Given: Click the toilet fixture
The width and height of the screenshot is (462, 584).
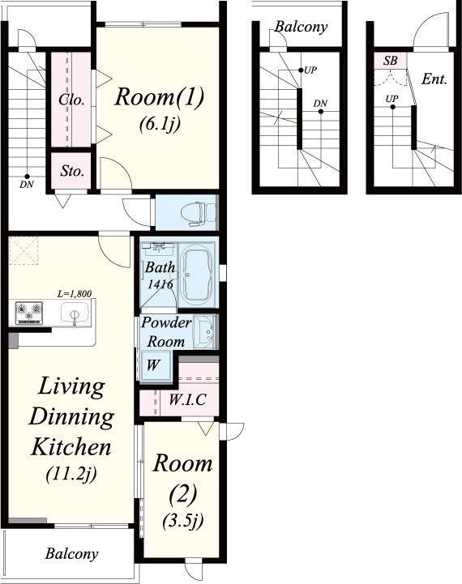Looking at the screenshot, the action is pyautogui.click(x=198, y=214).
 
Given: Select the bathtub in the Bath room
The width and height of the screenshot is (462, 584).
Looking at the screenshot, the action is pyautogui.click(x=195, y=274).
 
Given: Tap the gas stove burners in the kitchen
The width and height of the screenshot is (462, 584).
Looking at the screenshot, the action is pyautogui.click(x=28, y=312).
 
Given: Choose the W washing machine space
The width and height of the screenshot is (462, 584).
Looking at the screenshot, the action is pyautogui.click(x=154, y=365).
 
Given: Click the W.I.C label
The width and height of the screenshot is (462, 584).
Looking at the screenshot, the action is pyautogui.click(x=187, y=399).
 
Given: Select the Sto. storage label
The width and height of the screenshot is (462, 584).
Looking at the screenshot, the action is pyautogui.click(x=72, y=171).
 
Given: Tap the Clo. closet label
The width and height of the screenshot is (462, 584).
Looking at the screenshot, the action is pyautogui.click(x=71, y=100).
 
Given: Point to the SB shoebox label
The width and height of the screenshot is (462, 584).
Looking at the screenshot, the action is pyautogui.click(x=390, y=60).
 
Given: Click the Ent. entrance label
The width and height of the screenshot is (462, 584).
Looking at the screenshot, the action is pyautogui.click(x=434, y=79).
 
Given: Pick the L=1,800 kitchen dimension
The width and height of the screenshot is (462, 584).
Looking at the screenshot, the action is pyautogui.click(x=75, y=294).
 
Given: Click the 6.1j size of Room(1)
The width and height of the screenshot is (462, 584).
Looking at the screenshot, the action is pyautogui.click(x=160, y=124).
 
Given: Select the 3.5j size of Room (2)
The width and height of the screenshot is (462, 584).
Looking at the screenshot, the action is pyautogui.click(x=183, y=521).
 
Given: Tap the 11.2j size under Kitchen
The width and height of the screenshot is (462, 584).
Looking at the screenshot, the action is pyautogui.click(x=71, y=474).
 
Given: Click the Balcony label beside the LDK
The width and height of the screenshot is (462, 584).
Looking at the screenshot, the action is pyautogui.click(x=71, y=554).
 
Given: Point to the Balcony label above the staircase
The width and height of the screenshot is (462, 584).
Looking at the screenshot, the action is pyautogui.click(x=301, y=27).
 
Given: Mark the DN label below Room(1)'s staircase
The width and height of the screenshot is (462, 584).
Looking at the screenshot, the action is pyautogui.click(x=27, y=184).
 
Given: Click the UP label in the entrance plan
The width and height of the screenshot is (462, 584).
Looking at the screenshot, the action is pyautogui.click(x=392, y=99).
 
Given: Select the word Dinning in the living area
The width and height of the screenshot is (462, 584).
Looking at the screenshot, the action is pyautogui.click(x=71, y=417).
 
